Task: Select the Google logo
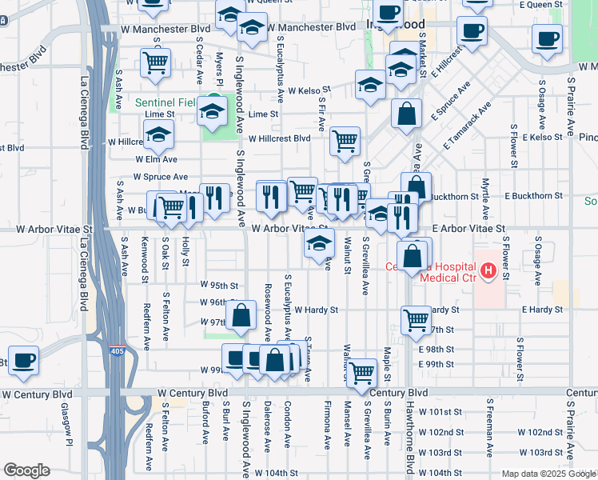[26, 470]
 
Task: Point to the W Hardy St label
[316, 310]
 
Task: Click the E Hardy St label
[548, 310]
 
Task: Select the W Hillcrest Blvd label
[279, 138]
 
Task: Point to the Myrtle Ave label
[485, 199]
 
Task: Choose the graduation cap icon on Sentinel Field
[213, 111]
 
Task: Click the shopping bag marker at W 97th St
[241, 317]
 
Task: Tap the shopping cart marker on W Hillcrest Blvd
[345, 142]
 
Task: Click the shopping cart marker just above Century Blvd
[362, 372]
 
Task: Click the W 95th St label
[219, 285]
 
